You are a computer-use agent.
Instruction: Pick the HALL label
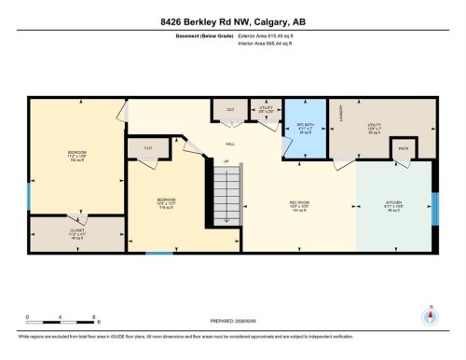229,145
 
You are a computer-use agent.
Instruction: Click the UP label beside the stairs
225,160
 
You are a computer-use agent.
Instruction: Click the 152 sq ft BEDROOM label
76,156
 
